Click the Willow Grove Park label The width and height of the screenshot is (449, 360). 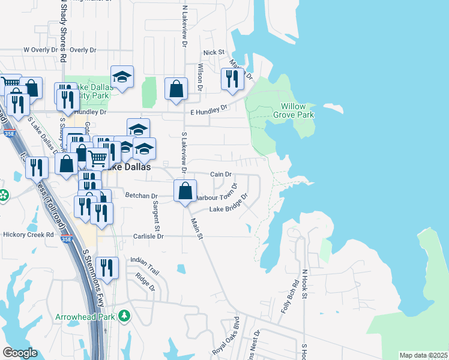294,110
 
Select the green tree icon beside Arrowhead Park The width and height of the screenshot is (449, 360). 124,316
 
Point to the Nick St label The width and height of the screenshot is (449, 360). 213,53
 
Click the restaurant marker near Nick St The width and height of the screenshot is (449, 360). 232,79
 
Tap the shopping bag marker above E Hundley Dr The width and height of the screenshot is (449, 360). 176,89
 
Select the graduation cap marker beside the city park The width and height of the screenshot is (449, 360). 122,76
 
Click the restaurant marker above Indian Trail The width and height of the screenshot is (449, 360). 107,267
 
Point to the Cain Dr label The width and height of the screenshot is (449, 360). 220,174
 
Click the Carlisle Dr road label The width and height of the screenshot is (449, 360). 148,236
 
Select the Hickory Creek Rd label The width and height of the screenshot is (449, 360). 28,235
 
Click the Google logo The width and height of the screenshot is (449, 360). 20,353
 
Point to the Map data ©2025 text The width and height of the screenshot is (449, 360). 423,355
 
